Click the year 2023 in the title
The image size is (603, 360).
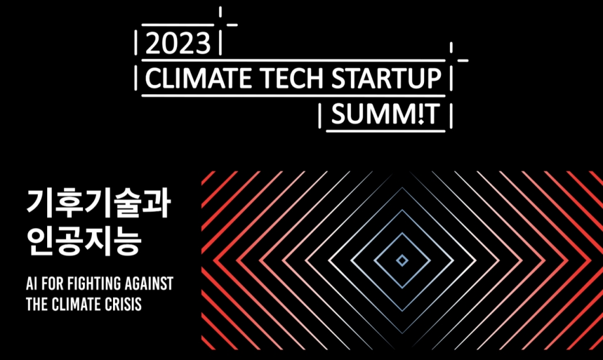tap(178, 44)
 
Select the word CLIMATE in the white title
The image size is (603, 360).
tap(198, 78)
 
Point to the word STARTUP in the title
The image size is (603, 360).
tap(386, 78)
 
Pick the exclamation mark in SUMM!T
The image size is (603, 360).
tap(420, 114)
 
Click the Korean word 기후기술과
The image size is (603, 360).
tap(98, 204)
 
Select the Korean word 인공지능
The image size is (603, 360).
tap(84, 241)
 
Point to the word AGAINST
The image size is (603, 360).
tap(144, 284)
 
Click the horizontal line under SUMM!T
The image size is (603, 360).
tap(385, 131)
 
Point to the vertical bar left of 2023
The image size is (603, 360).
tap(136, 43)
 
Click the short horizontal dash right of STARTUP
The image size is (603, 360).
tap(463, 60)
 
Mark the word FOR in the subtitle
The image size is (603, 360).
tap(52, 284)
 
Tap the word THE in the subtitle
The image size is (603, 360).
tap(37, 304)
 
